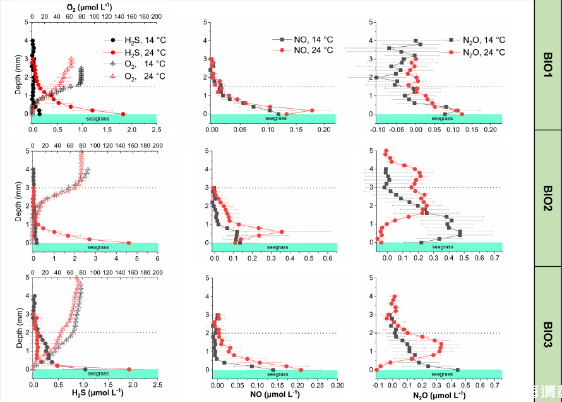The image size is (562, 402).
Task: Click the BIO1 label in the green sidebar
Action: pos(548,64)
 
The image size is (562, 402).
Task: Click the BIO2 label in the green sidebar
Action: pos(548,198)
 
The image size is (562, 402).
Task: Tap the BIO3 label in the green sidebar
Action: pos(548,334)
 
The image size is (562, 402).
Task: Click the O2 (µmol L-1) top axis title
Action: pos(95,6)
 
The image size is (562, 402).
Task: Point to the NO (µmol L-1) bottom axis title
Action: pos(275,394)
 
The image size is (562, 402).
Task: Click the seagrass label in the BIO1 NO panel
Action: pos(275,119)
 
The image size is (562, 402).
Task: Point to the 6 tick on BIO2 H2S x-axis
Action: pos(157,257)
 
